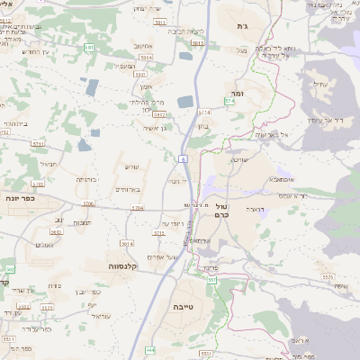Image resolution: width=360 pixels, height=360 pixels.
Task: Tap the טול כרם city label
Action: [225, 210]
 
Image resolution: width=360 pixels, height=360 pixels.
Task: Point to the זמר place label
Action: [238, 93]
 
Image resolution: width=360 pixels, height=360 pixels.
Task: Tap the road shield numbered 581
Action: [88, 46]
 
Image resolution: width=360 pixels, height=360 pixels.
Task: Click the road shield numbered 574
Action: [229, 101]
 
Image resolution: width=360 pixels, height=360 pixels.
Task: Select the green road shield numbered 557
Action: [212, 281]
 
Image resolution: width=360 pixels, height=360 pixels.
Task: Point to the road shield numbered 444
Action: [150, 349]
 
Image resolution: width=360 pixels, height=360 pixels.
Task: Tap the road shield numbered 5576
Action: [327, 277]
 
